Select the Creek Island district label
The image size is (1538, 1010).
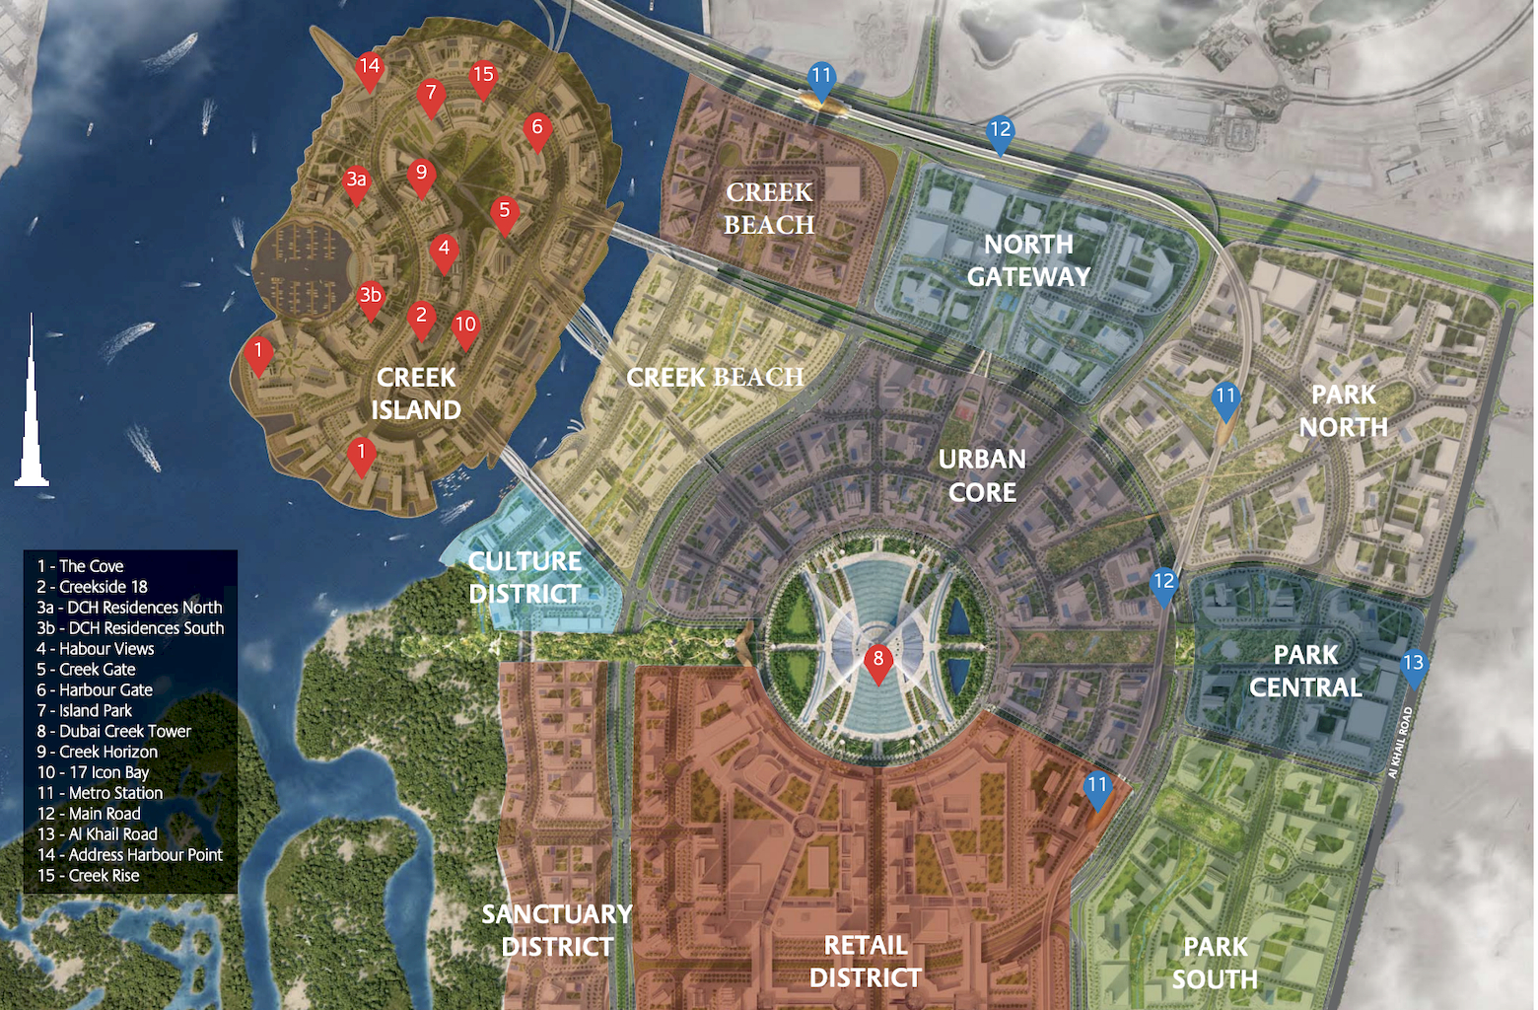tap(416, 394)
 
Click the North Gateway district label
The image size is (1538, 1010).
tap(1028, 260)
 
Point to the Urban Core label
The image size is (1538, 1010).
tap(982, 475)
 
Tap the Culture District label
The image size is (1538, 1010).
tap(524, 577)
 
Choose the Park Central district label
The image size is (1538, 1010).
tap(1305, 671)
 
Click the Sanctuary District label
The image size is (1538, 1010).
tap(557, 930)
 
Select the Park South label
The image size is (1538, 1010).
tap(1215, 963)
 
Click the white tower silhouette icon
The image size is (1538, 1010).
tap(32, 404)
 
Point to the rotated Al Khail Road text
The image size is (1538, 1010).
tap(1400, 742)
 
